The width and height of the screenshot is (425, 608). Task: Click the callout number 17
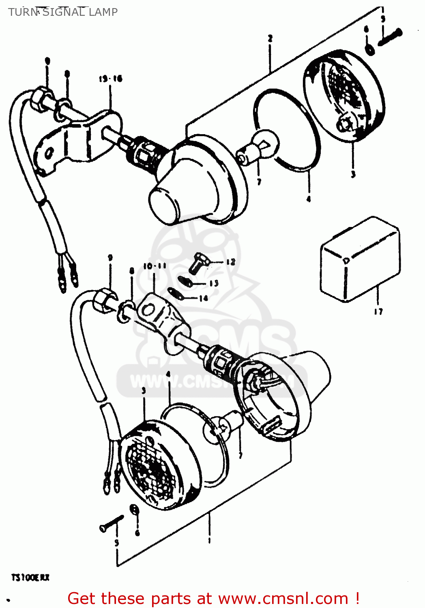[x=378, y=311]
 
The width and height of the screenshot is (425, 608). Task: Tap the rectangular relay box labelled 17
[x=360, y=259]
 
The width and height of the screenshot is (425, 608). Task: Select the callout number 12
[x=230, y=262]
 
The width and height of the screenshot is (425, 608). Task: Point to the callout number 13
[x=214, y=283]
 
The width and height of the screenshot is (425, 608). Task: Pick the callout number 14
[x=203, y=298]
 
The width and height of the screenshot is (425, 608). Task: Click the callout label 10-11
[x=155, y=266]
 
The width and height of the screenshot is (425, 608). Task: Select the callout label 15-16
[x=110, y=79]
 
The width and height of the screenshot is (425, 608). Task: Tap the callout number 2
[x=270, y=39]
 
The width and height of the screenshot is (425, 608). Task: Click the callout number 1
[x=209, y=540]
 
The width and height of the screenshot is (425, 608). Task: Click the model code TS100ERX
[x=30, y=577]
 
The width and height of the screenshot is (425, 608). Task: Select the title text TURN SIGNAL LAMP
[x=63, y=12]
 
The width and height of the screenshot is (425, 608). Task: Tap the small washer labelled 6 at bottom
[x=133, y=510]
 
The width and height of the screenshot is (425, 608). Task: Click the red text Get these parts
[x=213, y=598]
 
